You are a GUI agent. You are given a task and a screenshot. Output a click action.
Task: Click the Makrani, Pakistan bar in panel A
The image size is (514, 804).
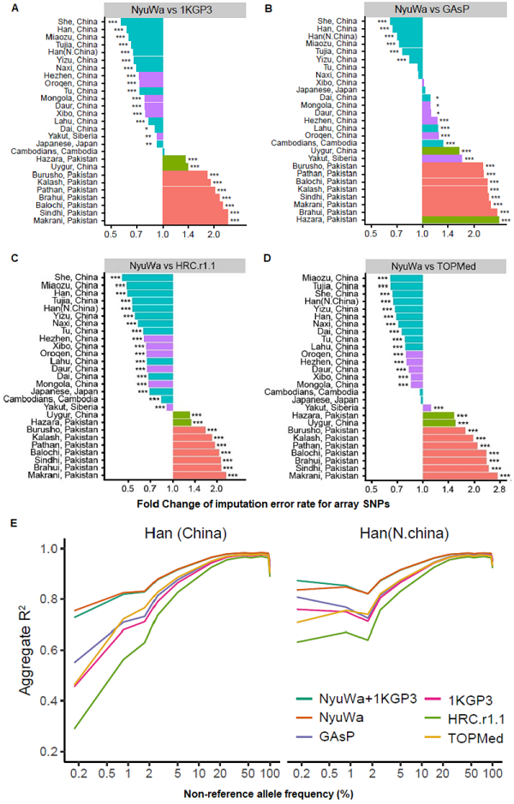(x=195, y=220)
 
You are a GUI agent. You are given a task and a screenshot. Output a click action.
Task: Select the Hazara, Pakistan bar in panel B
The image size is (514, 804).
(x=461, y=220)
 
